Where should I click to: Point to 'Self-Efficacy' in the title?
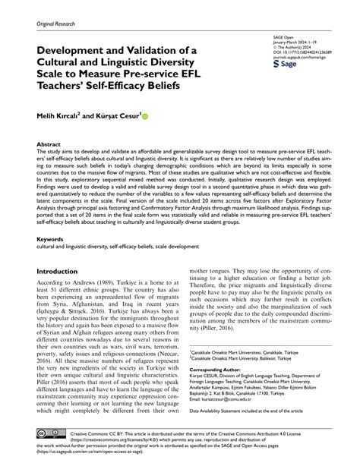pyautogui.click(x=133, y=93)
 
